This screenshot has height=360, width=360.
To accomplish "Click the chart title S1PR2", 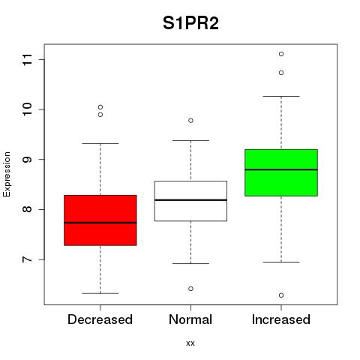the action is (190, 23).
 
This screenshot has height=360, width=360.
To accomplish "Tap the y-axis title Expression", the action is (7, 174).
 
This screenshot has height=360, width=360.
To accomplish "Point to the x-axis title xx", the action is (190, 343).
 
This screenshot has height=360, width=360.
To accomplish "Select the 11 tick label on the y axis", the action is (28, 60).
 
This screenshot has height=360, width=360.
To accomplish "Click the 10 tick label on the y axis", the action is (28, 109).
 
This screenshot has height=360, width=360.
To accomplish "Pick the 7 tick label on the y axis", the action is (28, 259).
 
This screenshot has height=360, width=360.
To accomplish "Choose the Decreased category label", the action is (100, 319).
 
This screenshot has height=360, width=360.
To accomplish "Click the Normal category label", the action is (190, 319).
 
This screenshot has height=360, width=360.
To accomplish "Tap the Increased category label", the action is (281, 319).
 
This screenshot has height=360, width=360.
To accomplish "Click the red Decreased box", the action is (100, 220).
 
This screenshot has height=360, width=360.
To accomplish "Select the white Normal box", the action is (190, 201).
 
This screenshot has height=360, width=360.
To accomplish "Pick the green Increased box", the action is (281, 172).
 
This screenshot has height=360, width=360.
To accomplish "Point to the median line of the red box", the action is (100, 223).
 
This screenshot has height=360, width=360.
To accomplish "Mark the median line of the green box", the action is (281, 169).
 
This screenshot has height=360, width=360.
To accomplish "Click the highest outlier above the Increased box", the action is (281, 54).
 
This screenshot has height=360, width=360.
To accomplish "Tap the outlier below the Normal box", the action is (190, 289).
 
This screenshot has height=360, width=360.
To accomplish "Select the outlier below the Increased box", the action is (281, 295).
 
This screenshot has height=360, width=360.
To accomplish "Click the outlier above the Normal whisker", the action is (190, 121).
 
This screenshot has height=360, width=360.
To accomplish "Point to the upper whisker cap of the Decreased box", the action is (100, 143).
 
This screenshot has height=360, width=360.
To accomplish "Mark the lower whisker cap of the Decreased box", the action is (100, 293).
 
